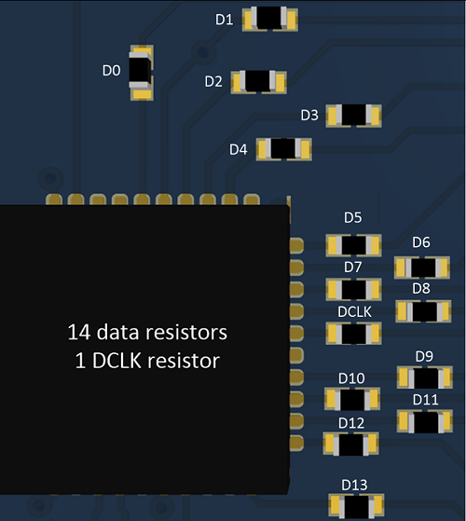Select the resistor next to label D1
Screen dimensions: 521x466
[x=270, y=19]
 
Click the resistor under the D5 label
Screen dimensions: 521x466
[x=353, y=245]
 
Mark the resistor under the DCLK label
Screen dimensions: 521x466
[x=353, y=334]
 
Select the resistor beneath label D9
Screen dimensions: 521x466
[x=425, y=378]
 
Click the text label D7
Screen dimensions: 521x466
[x=353, y=267]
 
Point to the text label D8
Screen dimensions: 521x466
[x=421, y=288]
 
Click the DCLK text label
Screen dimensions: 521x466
[x=354, y=310]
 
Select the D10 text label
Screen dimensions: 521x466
[x=351, y=377]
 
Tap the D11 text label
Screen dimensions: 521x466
[x=425, y=400]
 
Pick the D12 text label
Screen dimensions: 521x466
[x=351, y=422]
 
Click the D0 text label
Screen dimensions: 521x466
[x=111, y=70]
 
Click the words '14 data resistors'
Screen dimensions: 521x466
[x=146, y=332]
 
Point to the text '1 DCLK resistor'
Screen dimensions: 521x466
[x=146, y=360]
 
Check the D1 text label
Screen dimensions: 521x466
[x=225, y=19]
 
